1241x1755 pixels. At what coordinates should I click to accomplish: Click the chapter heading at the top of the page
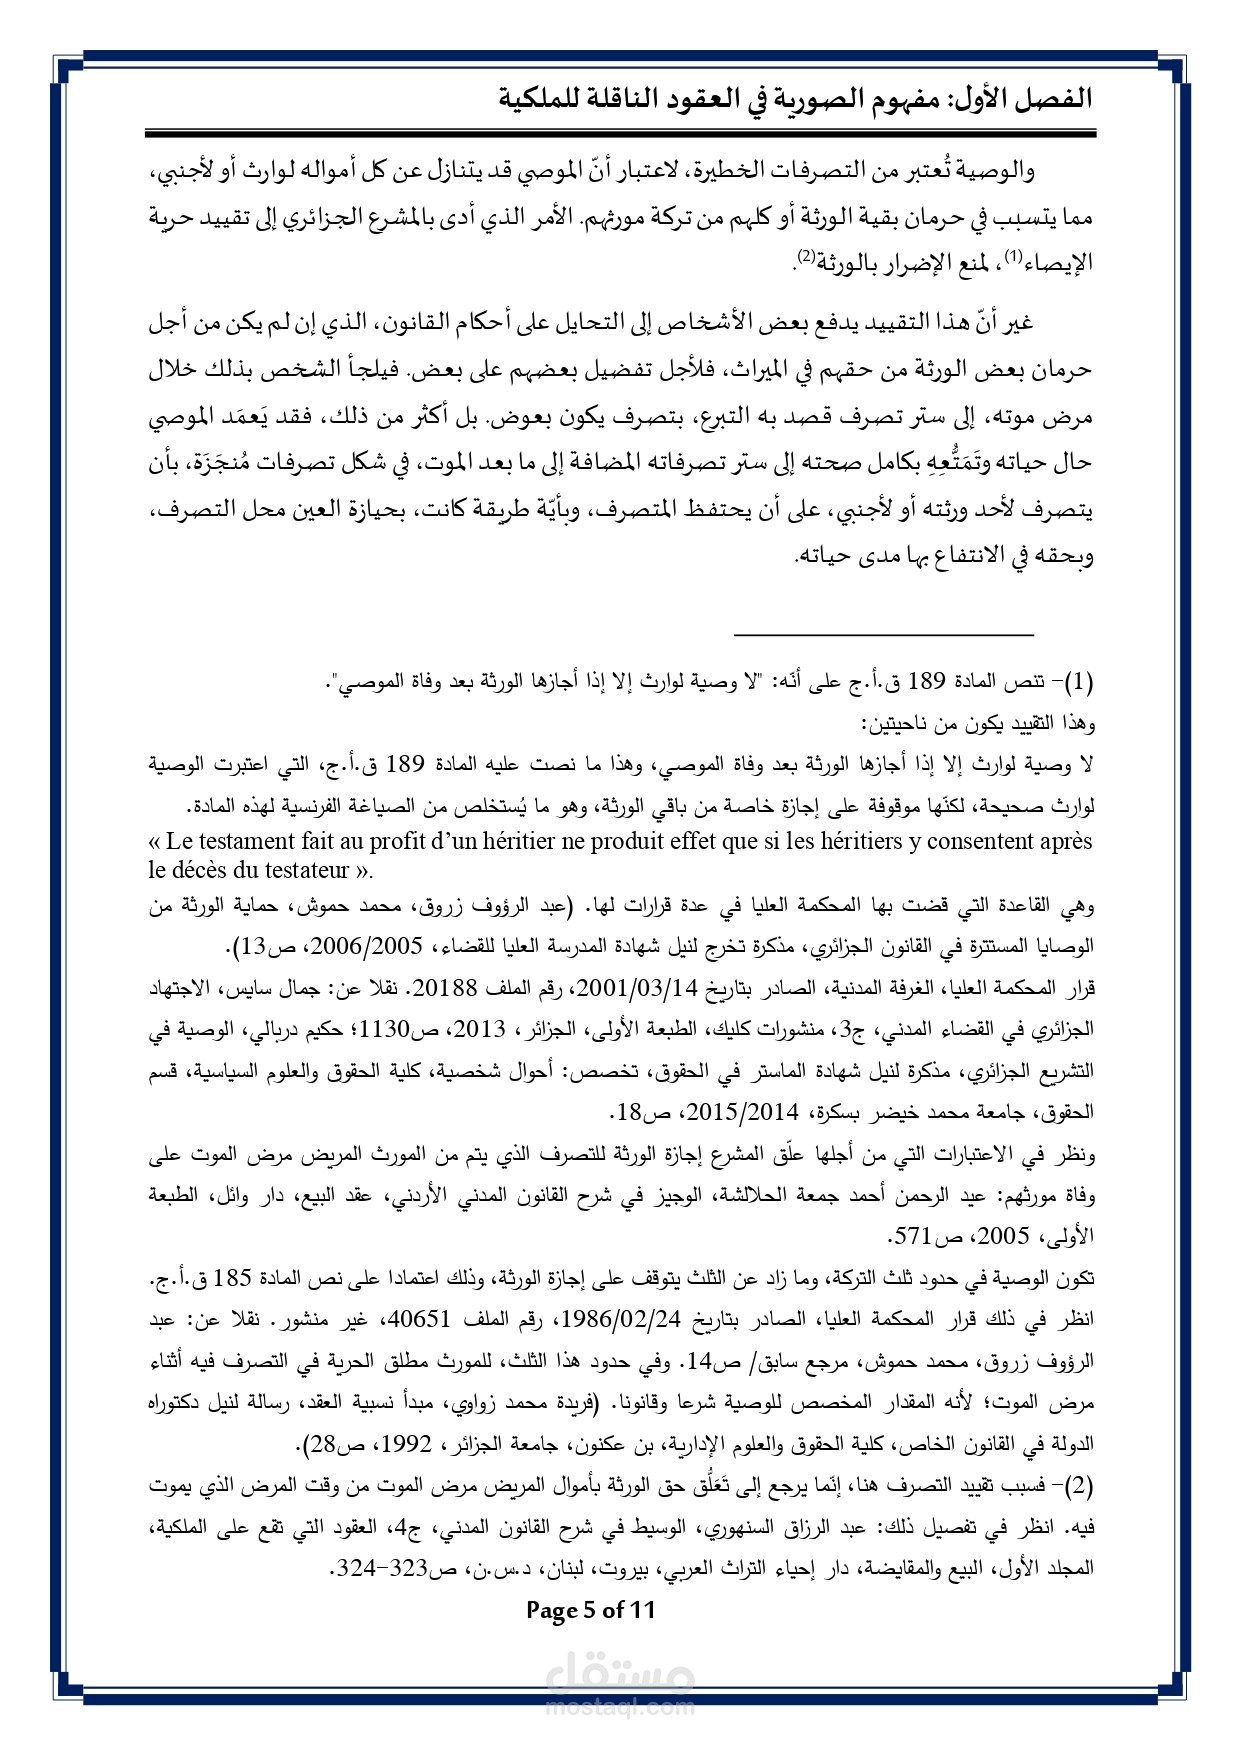(795, 99)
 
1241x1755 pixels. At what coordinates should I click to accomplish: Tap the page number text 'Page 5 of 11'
(590, 1609)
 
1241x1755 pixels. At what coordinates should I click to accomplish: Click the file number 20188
(445, 988)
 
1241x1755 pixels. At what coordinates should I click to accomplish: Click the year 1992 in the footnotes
(412, 1444)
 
